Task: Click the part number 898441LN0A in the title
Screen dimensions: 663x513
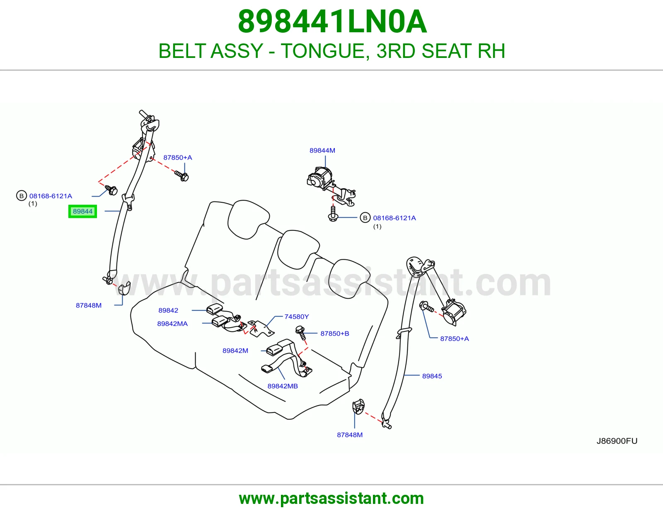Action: click(x=332, y=22)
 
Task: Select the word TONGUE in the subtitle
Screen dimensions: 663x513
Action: click(x=323, y=51)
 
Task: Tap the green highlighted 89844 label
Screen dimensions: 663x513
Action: click(x=82, y=211)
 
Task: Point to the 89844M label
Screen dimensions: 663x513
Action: click(x=322, y=150)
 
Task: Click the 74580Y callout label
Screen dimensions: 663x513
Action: click(x=296, y=316)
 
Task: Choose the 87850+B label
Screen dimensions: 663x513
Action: click(x=334, y=333)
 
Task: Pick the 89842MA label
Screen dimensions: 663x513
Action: click(x=172, y=324)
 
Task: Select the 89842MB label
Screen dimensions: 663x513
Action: click(x=283, y=386)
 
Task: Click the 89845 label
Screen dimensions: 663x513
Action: click(x=432, y=376)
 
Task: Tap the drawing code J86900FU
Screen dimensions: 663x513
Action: click(x=617, y=441)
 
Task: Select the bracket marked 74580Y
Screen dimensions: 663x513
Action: click(x=261, y=328)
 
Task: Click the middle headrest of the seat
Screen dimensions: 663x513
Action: click(x=298, y=249)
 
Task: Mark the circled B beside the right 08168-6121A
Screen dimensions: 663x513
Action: click(x=365, y=218)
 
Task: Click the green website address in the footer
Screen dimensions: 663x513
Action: click(x=331, y=499)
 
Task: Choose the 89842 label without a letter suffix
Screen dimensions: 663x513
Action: click(x=168, y=310)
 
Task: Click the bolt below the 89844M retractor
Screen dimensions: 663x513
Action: click(x=333, y=213)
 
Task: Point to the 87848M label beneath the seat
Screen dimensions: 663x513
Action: click(x=350, y=435)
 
